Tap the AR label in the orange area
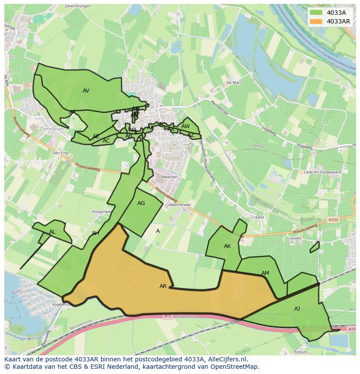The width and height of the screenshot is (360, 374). coord(163,286)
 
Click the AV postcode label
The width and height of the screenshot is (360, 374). coord(86,91)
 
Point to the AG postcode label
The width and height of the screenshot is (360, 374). coord(141,203)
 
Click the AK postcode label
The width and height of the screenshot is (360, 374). coord(227,246)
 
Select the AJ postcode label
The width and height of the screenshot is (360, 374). coord(297,309)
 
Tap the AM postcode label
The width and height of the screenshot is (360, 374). coord(265,273)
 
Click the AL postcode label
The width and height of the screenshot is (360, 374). coord(52,232)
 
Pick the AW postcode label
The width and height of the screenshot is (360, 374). coord(186,126)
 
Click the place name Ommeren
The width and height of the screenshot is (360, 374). coord(52,129)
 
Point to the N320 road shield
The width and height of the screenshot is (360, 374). coord(333,220)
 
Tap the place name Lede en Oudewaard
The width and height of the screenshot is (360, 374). coord(323,172)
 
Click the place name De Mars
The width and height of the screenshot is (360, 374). coord(233,83)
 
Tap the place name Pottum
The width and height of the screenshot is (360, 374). coord(301,352)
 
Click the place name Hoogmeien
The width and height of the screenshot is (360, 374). coord(101,212)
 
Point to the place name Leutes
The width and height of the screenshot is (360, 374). coord(295,238)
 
